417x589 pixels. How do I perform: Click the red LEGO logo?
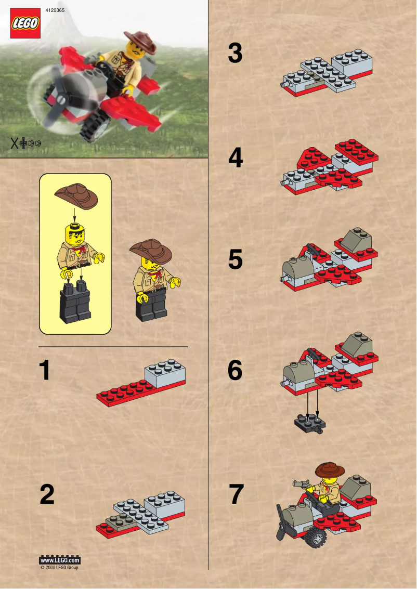click(x=25, y=23)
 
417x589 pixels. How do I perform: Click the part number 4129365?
click(x=55, y=10)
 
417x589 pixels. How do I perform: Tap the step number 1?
click(x=46, y=371)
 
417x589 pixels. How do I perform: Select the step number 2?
click(x=47, y=494)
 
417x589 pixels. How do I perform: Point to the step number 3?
click(x=235, y=54)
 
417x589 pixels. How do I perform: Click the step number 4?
click(x=236, y=158)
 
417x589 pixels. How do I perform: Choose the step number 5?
click(x=235, y=260)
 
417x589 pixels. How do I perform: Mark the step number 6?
click(x=235, y=371)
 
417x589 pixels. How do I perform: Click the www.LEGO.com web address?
click(x=60, y=560)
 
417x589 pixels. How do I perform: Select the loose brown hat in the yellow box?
click(x=76, y=195)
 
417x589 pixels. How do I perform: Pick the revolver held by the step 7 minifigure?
click(x=300, y=483)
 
